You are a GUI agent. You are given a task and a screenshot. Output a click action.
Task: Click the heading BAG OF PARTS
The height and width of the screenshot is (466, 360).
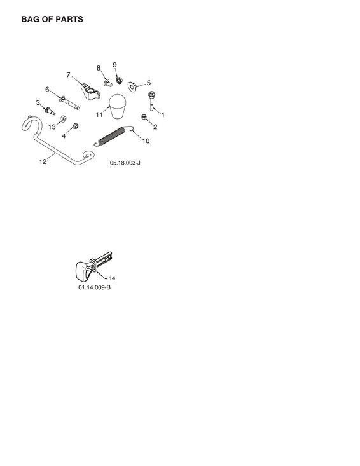click(52, 19)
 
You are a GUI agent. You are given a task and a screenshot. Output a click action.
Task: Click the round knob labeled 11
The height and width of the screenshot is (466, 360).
click(118, 106)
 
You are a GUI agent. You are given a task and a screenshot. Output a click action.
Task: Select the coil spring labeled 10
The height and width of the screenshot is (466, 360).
click(114, 136)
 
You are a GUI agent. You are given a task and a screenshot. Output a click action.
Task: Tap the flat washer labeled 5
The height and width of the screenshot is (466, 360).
click(132, 86)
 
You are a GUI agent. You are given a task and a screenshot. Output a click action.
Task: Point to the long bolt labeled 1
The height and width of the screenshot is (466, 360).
click(151, 100)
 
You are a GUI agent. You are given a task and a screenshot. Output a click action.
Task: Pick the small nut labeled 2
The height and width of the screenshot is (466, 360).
click(144, 117)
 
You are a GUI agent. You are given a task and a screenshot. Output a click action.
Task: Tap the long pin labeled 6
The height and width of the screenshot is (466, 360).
click(69, 102)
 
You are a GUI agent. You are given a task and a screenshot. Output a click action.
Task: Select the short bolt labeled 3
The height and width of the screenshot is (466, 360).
click(50, 111)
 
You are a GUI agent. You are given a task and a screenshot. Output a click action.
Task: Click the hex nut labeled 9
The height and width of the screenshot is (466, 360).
click(119, 79)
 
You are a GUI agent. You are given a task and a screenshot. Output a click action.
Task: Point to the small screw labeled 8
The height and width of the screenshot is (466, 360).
click(108, 83)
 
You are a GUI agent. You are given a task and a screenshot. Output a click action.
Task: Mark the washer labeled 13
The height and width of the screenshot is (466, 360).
click(64, 119)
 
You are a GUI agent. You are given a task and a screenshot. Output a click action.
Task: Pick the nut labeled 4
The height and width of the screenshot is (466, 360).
click(75, 126)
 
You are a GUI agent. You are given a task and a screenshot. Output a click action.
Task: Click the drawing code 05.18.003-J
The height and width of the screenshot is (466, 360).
click(125, 163)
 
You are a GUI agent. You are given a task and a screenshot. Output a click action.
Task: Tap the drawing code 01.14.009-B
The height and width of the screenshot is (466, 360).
click(95, 287)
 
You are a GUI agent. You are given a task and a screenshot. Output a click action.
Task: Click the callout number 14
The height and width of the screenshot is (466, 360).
click(112, 278)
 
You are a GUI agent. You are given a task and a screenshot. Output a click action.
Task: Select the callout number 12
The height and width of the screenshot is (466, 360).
click(43, 161)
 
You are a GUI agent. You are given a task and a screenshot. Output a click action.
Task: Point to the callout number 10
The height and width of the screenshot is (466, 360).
click(146, 141)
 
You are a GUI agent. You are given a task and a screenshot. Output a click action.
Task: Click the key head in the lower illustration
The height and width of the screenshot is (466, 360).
click(83, 270)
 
